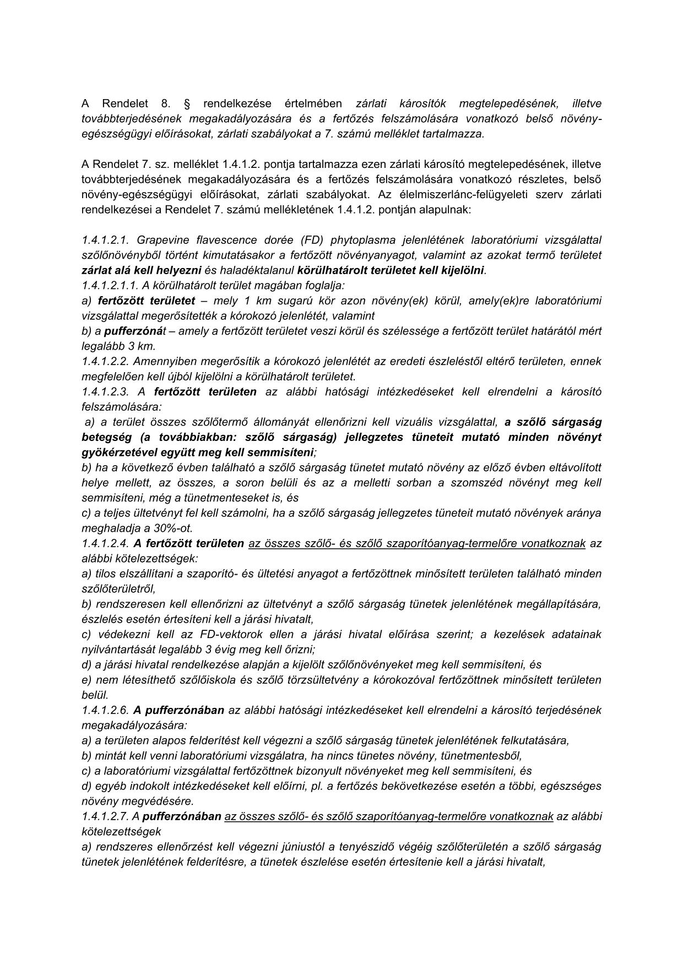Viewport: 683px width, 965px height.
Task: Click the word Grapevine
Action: (x=162, y=240)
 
